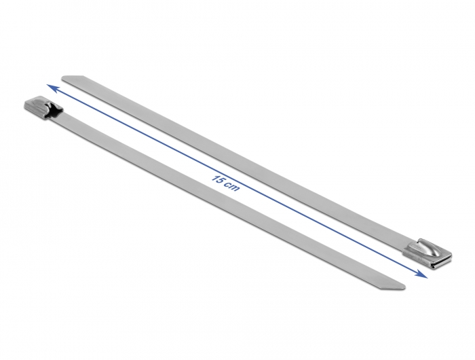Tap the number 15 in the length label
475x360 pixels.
(x=218, y=179)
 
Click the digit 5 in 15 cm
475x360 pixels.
(x=221, y=181)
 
